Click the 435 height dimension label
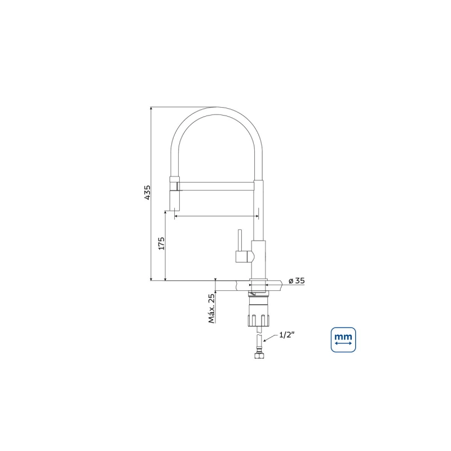pyautogui.click(x=147, y=192)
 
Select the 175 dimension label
pyautogui.click(x=162, y=244)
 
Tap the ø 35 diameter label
pyautogui.click(x=297, y=280)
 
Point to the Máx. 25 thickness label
pyautogui.click(x=212, y=308)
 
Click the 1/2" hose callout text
pyautogui.click(x=287, y=335)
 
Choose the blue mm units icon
pyautogui.click(x=343, y=340)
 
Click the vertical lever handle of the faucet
pyautogui.click(x=240, y=240)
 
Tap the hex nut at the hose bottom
pyautogui.click(x=259, y=356)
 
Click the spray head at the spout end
pyautogui.click(x=175, y=193)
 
